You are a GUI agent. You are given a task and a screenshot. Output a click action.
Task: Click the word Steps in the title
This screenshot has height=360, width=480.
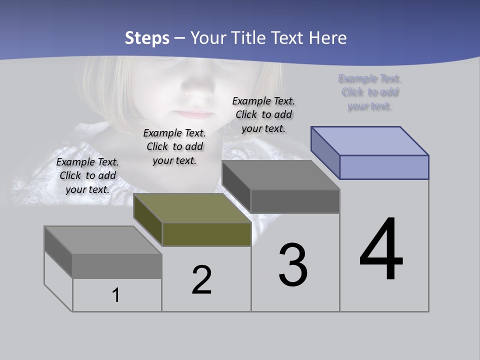tap(146, 38)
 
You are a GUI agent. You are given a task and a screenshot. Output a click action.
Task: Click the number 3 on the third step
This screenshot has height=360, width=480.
tap(293, 265)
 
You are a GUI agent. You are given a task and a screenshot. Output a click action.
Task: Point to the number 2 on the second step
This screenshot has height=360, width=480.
tap(201, 280)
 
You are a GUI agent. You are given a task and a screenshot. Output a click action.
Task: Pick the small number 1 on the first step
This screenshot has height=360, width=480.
tap(116, 295)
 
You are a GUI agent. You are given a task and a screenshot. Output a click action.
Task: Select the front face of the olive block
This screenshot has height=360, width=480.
tap(206, 234)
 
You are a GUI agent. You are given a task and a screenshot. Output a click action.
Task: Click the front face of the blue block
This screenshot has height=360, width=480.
tap(384, 167)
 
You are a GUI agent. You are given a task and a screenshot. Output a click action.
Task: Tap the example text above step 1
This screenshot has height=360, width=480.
tap(87, 175)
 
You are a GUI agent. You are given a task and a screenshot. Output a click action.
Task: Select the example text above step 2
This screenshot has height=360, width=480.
tap(174, 146)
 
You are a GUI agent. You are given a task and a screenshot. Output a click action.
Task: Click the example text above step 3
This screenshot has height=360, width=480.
tap(263, 114)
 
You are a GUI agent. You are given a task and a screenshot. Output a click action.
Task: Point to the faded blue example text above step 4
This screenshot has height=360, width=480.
tap(370, 92)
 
